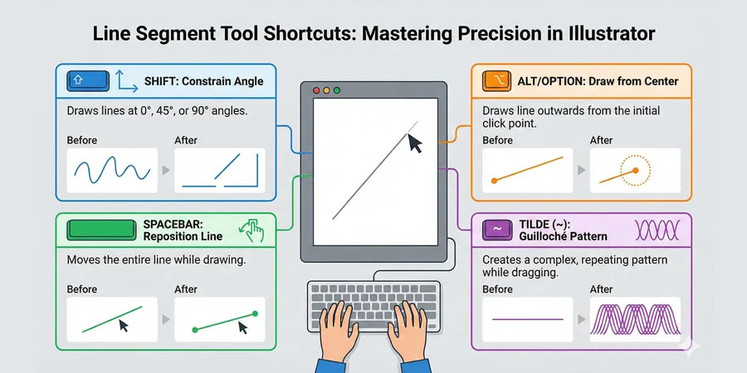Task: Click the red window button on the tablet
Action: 315,89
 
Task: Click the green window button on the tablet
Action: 338,89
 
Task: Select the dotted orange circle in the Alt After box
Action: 635,171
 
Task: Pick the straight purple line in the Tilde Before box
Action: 528,319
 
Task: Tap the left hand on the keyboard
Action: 344,322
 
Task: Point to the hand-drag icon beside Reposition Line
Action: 253,230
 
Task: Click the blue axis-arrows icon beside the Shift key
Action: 124,81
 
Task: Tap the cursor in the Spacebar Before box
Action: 124,325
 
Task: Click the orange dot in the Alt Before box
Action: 496,179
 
